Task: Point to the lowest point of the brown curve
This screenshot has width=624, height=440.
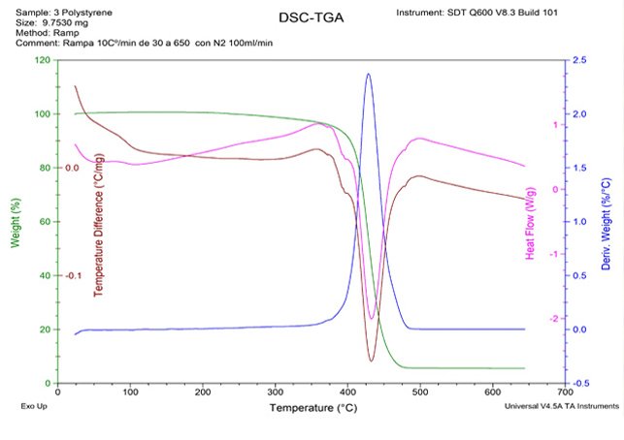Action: coord(371,361)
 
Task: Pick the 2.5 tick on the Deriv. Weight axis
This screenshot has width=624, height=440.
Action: coord(580,60)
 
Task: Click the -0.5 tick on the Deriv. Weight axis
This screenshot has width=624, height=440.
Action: coord(580,383)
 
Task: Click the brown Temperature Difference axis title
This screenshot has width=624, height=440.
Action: coord(98,231)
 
